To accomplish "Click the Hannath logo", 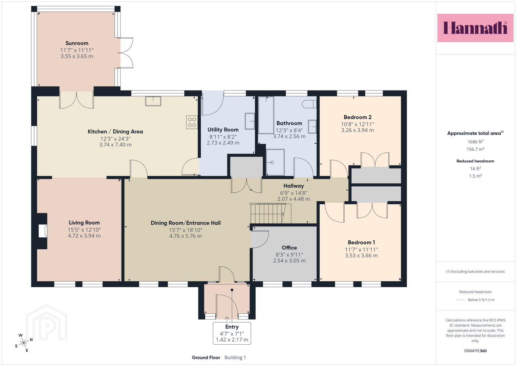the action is click(475, 28).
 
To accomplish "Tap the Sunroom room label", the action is click(77, 43).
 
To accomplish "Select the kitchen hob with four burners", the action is click(192, 122).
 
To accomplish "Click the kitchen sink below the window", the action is click(153, 101).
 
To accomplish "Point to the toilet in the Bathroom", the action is click(309, 104).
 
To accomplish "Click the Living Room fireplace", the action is click(43, 231).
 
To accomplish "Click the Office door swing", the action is click(260, 239).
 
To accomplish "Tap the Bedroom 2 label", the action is click(358, 117).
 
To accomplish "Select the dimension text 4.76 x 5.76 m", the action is click(186, 236).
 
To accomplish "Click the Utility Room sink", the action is click(250, 121).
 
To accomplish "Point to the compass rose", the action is click(24, 343).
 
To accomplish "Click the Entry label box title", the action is click(232, 327).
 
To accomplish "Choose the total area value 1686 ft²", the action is click(475, 142).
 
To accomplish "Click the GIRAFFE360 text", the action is click(475, 351).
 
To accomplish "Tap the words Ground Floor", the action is click(206, 358).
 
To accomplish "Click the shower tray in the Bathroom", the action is click(275, 162).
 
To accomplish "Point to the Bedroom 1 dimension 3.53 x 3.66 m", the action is click(362, 256).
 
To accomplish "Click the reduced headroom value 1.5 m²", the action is click(475, 176).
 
